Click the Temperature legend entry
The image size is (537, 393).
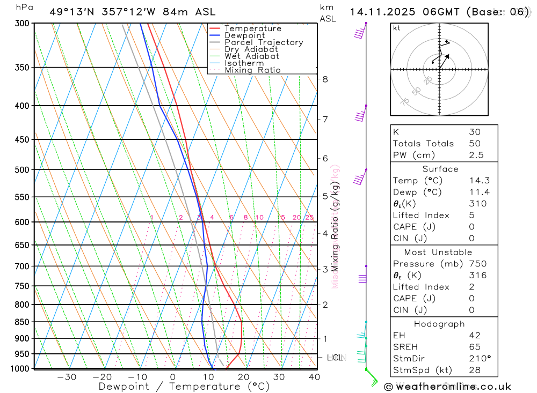252,28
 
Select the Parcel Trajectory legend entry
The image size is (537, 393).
264,42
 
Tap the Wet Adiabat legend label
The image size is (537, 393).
252,56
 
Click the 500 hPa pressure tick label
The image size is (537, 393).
22,170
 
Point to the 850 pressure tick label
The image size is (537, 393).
22,322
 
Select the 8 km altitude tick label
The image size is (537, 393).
325,79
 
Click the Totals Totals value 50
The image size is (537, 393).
475,144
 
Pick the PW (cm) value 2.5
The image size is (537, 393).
476,155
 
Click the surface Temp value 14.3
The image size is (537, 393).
479,181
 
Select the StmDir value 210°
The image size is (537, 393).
480,358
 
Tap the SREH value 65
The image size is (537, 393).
475,347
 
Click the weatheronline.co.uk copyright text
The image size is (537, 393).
448,386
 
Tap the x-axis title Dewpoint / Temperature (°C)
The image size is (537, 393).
184,386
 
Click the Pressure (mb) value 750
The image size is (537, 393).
477,264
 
